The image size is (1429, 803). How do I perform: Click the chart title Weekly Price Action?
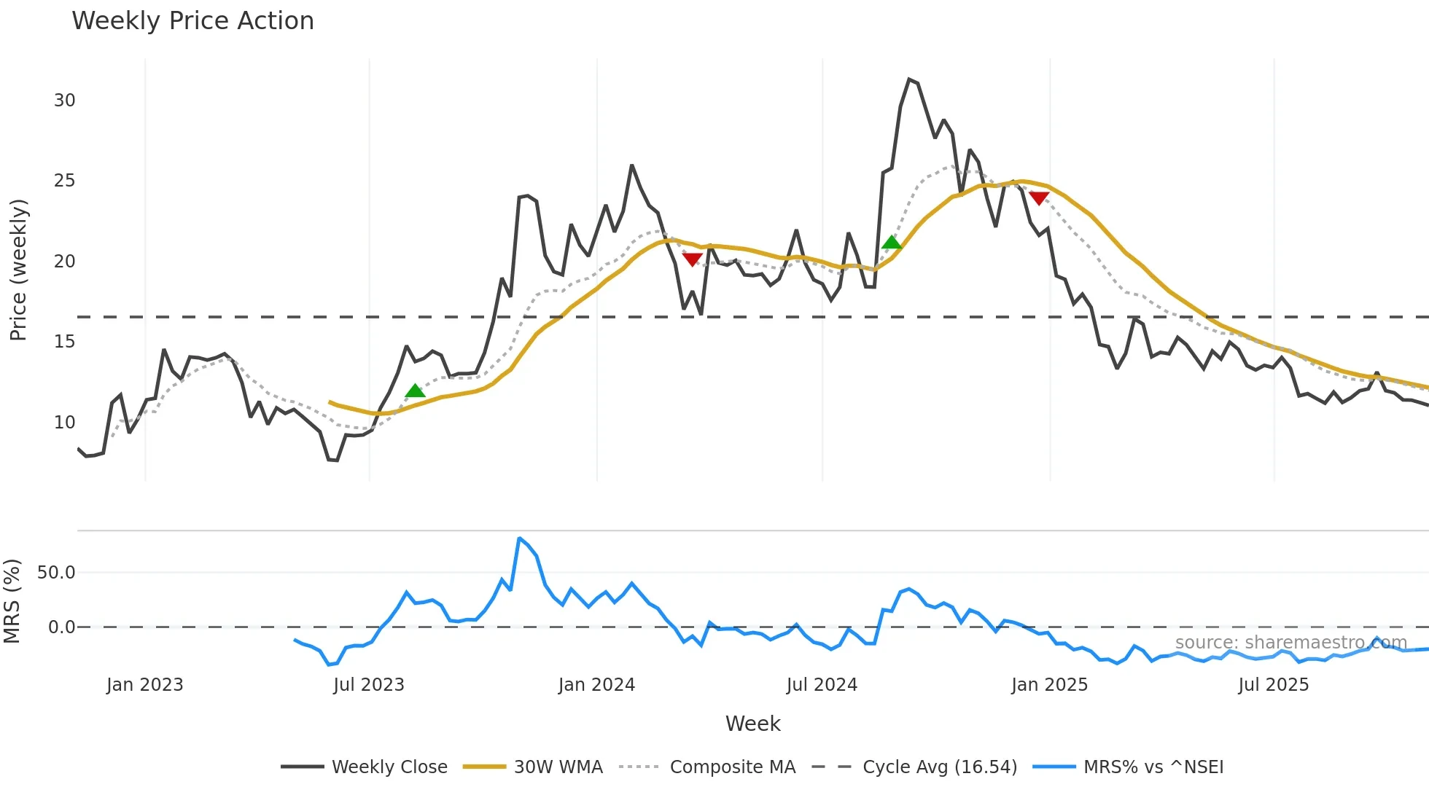[192, 21]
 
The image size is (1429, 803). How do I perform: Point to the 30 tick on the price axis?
[64, 101]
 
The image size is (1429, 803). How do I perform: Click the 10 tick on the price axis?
[64, 423]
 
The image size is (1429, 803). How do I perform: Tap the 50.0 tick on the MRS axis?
[56, 573]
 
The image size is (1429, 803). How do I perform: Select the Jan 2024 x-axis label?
[596, 685]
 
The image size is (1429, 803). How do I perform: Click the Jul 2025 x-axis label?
[1273, 685]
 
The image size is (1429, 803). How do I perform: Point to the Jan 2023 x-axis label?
[144, 685]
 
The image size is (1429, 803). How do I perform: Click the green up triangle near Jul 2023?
[415, 391]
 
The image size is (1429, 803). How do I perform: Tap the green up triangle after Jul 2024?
[891, 243]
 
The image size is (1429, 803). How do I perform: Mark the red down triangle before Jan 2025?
[1038, 197]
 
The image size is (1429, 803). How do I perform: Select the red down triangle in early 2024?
[692, 259]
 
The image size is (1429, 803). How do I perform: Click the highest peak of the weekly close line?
[908, 79]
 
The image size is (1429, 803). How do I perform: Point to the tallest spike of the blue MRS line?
[519, 538]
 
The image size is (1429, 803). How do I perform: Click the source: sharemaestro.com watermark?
[1290, 642]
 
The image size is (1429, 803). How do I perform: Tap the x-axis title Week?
[752, 724]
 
